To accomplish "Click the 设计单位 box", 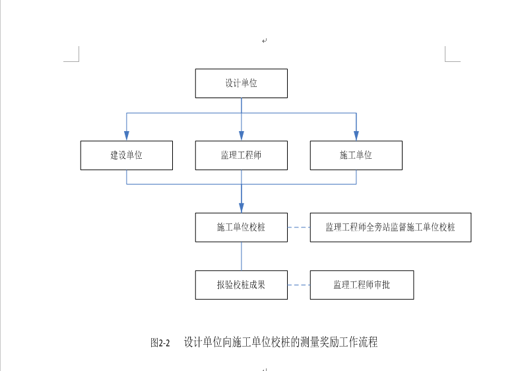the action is pyautogui.click(x=242, y=84).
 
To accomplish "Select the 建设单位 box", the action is pyautogui.click(x=127, y=156).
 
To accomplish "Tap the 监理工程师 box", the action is pyautogui.click(x=242, y=156).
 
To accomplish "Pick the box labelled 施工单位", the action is pyautogui.click(x=356, y=156).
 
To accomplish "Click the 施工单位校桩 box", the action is pyautogui.click(x=242, y=227).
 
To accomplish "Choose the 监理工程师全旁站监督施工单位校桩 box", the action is pyautogui.click(x=391, y=227).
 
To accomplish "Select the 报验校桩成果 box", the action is pyautogui.click(x=242, y=285).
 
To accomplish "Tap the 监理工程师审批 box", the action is pyautogui.click(x=362, y=285).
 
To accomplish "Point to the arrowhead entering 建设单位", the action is pyautogui.click(x=127, y=136).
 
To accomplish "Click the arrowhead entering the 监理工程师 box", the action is pyautogui.click(x=242, y=136).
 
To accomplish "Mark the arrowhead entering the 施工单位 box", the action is pyautogui.click(x=356, y=136).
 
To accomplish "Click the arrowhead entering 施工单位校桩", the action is pyautogui.click(x=242, y=208).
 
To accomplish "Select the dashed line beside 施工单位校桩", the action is pyautogui.click(x=299, y=227).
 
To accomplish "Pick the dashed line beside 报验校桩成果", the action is pyautogui.click(x=299, y=285).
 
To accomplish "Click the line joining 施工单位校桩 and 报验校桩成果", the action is pyautogui.click(x=242, y=256).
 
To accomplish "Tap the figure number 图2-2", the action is pyautogui.click(x=160, y=343).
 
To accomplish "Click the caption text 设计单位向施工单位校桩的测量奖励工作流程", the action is pyautogui.click(x=280, y=342).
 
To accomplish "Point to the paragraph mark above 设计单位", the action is pyautogui.click(x=265, y=41).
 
